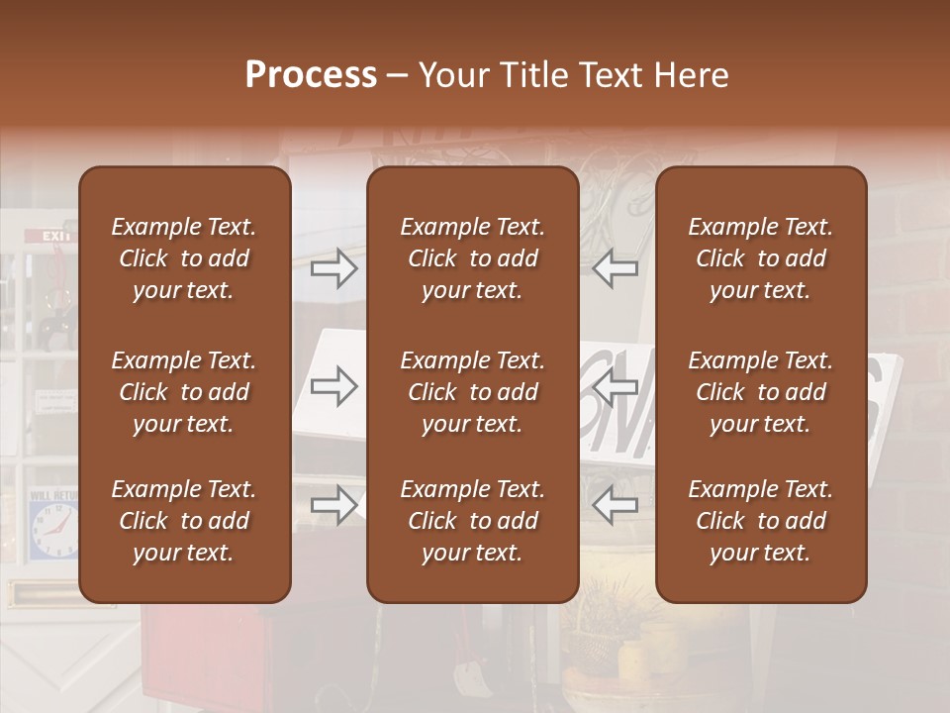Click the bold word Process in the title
click(x=311, y=75)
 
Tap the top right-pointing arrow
click(x=334, y=268)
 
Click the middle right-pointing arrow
click(x=334, y=387)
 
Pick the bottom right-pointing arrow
click(x=334, y=505)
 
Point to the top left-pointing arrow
click(x=615, y=268)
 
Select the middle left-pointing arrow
click(x=615, y=387)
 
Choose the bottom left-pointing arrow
click(x=615, y=505)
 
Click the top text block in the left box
click(x=184, y=258)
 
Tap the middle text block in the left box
click(x=184, y=392)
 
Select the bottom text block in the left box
click(x=184, y=521)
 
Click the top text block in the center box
click(x=472, y=258)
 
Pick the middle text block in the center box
click(x=472, y=392)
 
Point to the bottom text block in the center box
click(x=472, y=521)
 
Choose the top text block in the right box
click(x=761, y=258)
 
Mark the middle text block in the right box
click(x=761, y=392)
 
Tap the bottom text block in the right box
click(x=761, y=521)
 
